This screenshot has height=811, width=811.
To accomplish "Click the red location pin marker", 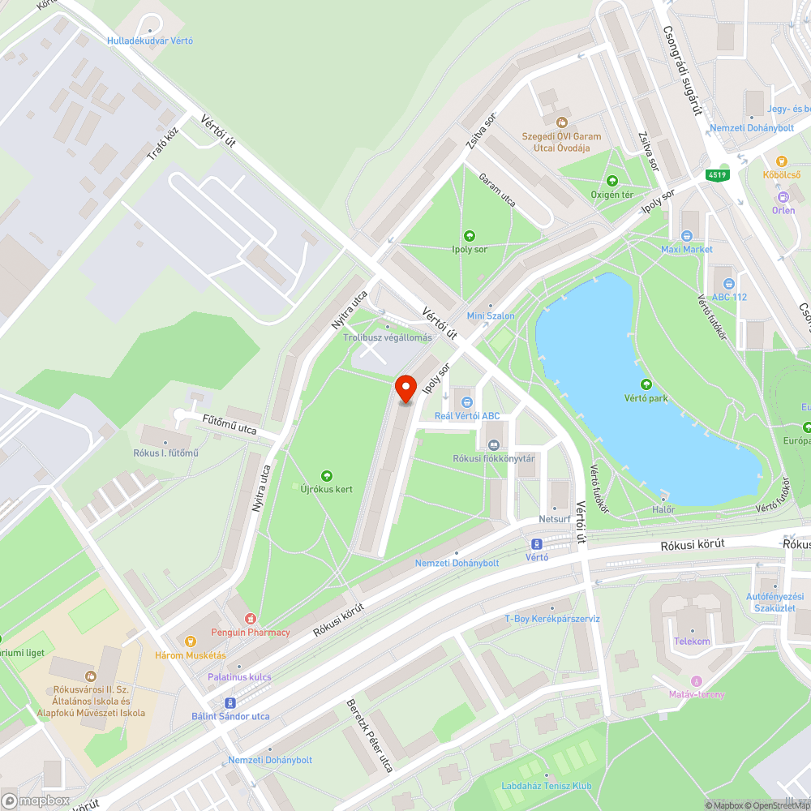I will pyautogui.click(x=405, y=389).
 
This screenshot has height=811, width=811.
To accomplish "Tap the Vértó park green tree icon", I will pyautogui.click(x=646, y=384).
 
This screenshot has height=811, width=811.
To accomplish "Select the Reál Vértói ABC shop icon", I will pyautogui.click(x=466, y=401).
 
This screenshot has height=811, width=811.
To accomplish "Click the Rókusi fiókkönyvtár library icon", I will pyautogui.click(x=493, y=444).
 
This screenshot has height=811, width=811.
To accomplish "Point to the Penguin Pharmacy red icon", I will pyautogui.click(x=250, y=619).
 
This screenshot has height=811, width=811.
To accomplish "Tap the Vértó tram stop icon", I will pyautogui.click(x=536, y=543).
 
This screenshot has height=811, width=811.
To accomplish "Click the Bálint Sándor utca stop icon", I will pyautogui.click(x=230, y=702).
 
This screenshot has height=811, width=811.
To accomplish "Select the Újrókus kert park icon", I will pyautogui.click(x=327, y=475).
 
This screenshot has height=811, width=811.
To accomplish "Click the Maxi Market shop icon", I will pyautogui.click(x=686, y=236).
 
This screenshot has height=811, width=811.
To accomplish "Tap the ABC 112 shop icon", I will pyautogui.click(x=728, y=283).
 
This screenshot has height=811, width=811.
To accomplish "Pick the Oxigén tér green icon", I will pyautogui.click(x=611, y=181).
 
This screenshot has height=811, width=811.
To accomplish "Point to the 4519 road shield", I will pyautogui.click(x=717, y=174).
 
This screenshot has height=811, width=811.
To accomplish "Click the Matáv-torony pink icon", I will pyautogui.click(x=696, y=680).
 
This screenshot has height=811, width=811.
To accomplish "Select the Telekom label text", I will pyautogui.click(x=692, y=642).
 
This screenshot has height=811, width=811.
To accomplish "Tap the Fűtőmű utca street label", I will pyautogui.click(x=229, y=424).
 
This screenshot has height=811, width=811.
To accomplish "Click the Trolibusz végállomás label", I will pyautogui.click(x=388, y=337).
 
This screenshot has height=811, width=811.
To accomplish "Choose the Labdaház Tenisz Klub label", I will pyautogui.click(x=547, y=786).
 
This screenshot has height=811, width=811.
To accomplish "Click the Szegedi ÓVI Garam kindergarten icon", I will pyautogui.click(x=560, y=122).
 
